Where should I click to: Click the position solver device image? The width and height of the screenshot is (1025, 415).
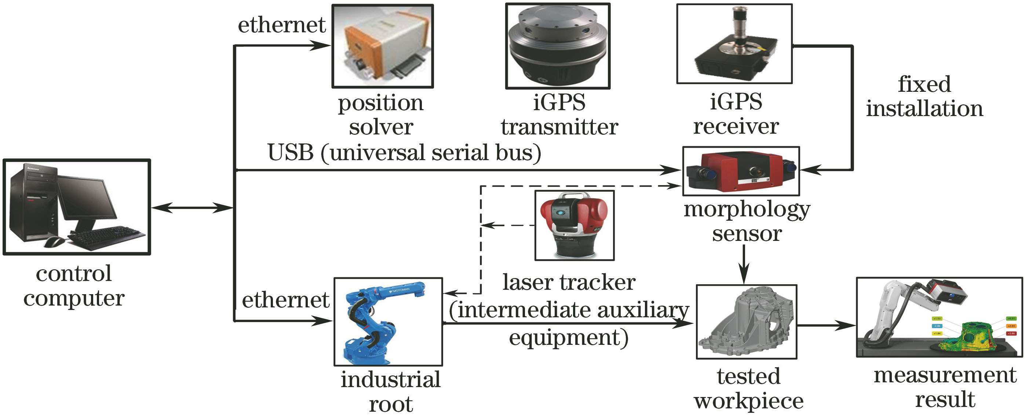pos(382,46)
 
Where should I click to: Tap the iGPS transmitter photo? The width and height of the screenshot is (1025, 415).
pos(558,46)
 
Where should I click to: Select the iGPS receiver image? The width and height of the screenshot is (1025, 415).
pos(734,44)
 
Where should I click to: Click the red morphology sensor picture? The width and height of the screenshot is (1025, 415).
pos(740,171)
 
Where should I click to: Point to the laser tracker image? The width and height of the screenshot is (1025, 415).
pos(574,225)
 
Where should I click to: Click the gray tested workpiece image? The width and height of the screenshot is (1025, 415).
pos(746,321)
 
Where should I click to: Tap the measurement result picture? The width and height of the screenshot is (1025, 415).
pos(939,317)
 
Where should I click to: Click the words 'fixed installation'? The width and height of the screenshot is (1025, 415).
pos(924,96)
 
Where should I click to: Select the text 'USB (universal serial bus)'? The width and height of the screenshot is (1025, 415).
pos(404,152)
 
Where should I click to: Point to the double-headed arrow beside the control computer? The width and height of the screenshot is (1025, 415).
pos(192,207)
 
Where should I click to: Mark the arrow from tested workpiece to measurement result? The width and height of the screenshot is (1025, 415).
pos(826,325)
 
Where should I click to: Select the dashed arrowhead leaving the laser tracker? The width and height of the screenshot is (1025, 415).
pos(489,225)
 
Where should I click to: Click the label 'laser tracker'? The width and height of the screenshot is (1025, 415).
pos(569,282)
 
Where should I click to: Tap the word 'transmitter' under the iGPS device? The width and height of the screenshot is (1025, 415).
pos(559,127)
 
